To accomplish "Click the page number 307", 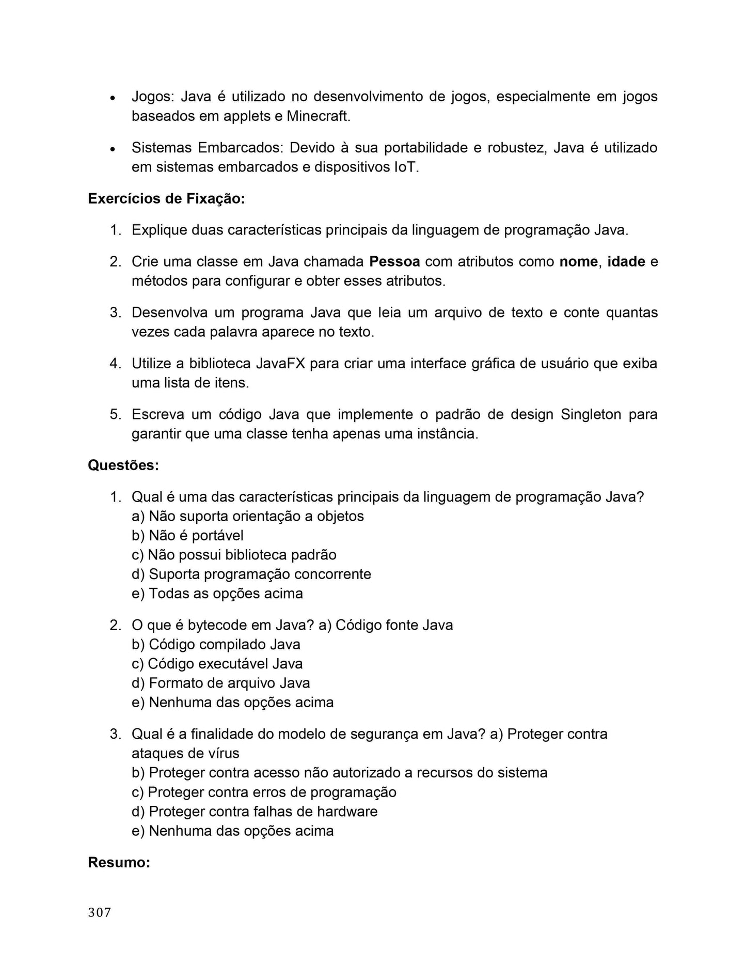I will pos(100,913).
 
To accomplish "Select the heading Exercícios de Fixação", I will pos(166,199).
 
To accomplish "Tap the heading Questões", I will pos(123,465).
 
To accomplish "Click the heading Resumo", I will pos(119,863).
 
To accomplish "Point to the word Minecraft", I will pos(318,116).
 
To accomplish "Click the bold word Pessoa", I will pos(394,262).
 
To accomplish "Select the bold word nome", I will pos(578,262).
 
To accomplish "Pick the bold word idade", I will pos(626,262).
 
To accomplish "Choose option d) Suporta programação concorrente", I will pos(251,574).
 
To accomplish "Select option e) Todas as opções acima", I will pos(217,594).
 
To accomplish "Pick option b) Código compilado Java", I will pos(216,645).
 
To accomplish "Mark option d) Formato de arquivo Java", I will pos(221,683).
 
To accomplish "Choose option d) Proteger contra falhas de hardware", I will pos(255,812).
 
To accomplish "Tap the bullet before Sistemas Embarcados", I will pos(112,149).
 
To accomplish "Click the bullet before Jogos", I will pos(112,98).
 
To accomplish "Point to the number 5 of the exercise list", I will pos(115,415).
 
